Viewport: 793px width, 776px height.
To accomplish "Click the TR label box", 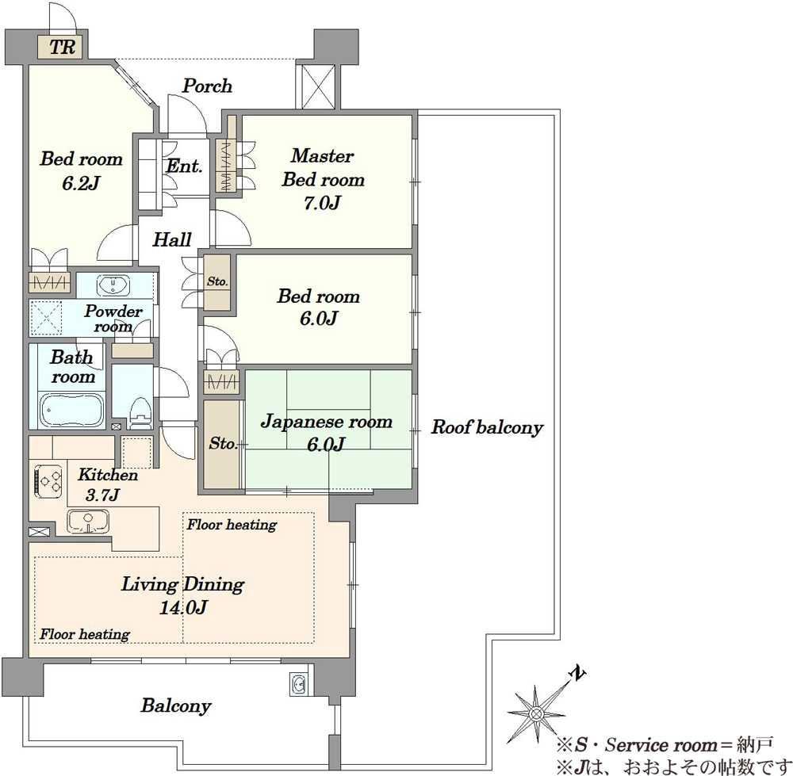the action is pos(63,47).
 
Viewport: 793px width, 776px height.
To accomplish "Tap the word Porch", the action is pos(207,86).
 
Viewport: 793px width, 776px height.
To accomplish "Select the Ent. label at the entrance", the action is pos(184,166).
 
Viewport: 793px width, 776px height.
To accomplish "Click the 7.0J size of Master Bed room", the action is pos(323,203).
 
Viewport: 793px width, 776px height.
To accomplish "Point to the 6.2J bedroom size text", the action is pos(80,183).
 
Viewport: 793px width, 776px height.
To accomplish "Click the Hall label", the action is pos(172,239).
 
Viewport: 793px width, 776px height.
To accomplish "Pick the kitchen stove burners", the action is pos(48,480).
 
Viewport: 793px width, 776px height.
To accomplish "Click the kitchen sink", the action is pos(88,522).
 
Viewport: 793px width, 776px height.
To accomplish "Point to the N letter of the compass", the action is pos(577,674).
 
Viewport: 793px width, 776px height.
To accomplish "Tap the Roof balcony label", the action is pos(487,428).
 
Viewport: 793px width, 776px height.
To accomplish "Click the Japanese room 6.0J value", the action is pos(326,444).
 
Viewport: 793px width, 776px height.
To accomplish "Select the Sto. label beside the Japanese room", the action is pos(223,443).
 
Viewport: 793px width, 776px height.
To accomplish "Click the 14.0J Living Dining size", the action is pos(183,607).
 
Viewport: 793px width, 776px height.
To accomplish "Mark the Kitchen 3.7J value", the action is pos(102,495).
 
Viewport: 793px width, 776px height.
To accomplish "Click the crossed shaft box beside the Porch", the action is pos(318,86).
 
